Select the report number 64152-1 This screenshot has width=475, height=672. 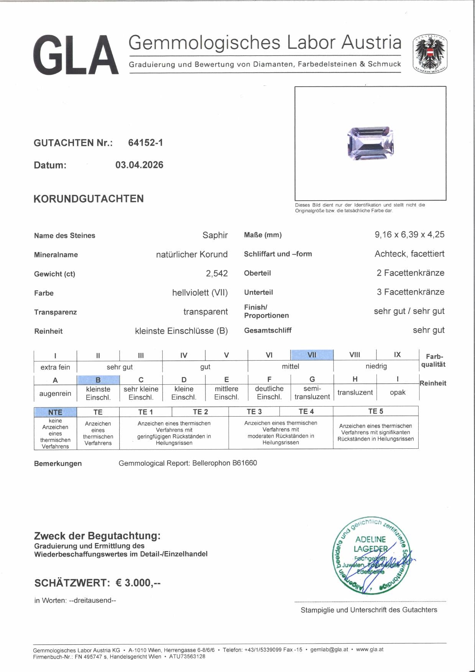tap(145, 143)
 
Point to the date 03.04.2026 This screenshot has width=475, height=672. tap(139, 165)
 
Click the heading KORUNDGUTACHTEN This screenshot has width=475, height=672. tap(89, 199)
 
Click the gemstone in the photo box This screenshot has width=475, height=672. tap(370, 143)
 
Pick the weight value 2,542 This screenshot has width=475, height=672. tap(217, 273)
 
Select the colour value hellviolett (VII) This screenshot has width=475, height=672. tap(200, 293)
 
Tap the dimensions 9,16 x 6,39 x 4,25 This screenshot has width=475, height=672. tap(409, 234)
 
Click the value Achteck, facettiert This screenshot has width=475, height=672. tap(409, 254)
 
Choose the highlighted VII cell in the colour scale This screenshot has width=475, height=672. tap(312, 355)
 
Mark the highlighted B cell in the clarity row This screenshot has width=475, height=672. tap(98, 380)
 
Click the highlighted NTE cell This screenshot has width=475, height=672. tap(55, 412)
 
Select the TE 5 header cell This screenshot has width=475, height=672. tap(375, 411)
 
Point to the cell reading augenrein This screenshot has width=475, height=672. tap(55, 394)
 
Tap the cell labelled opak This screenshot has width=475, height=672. tap(398, 392)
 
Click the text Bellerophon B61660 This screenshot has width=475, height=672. tap(225, 463)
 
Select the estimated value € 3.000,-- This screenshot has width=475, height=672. tap(138, 583)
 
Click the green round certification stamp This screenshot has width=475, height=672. tap(370, 555)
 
